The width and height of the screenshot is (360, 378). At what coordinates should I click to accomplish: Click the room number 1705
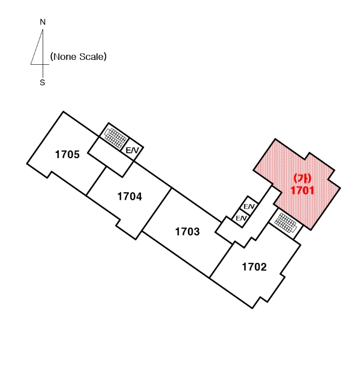click(x=67, y=155)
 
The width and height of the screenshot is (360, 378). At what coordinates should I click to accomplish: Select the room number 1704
click(x=130, y=197)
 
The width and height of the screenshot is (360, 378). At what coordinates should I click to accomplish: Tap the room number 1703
click(x=187, y=232)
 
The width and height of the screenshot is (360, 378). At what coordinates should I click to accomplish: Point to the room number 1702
click(x=254, y=267)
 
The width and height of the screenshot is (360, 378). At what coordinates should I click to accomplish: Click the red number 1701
click(x=302, y=190)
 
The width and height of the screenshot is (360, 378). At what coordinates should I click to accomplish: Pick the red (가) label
click(x=301, y=178)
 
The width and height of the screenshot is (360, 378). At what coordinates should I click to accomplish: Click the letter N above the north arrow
click(x=43, y=22)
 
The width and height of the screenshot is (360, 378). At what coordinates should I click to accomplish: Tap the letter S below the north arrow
click(x=43, y=84)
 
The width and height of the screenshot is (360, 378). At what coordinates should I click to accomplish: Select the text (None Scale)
click(x=77, y=57)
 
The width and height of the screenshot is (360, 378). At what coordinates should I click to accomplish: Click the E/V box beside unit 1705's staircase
click(x=132, y=151)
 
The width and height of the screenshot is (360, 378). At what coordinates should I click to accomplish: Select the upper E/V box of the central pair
click(x=249, y=206)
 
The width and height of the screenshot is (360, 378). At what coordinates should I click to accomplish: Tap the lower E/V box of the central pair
click(x=241, y=218)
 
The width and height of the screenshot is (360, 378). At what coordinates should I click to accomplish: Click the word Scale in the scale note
click(x=91, y=57)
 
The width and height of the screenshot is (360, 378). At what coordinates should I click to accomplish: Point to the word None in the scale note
click(x=64, y=57)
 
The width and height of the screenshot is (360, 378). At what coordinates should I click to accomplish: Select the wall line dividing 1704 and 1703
click(x=157, y=211)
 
